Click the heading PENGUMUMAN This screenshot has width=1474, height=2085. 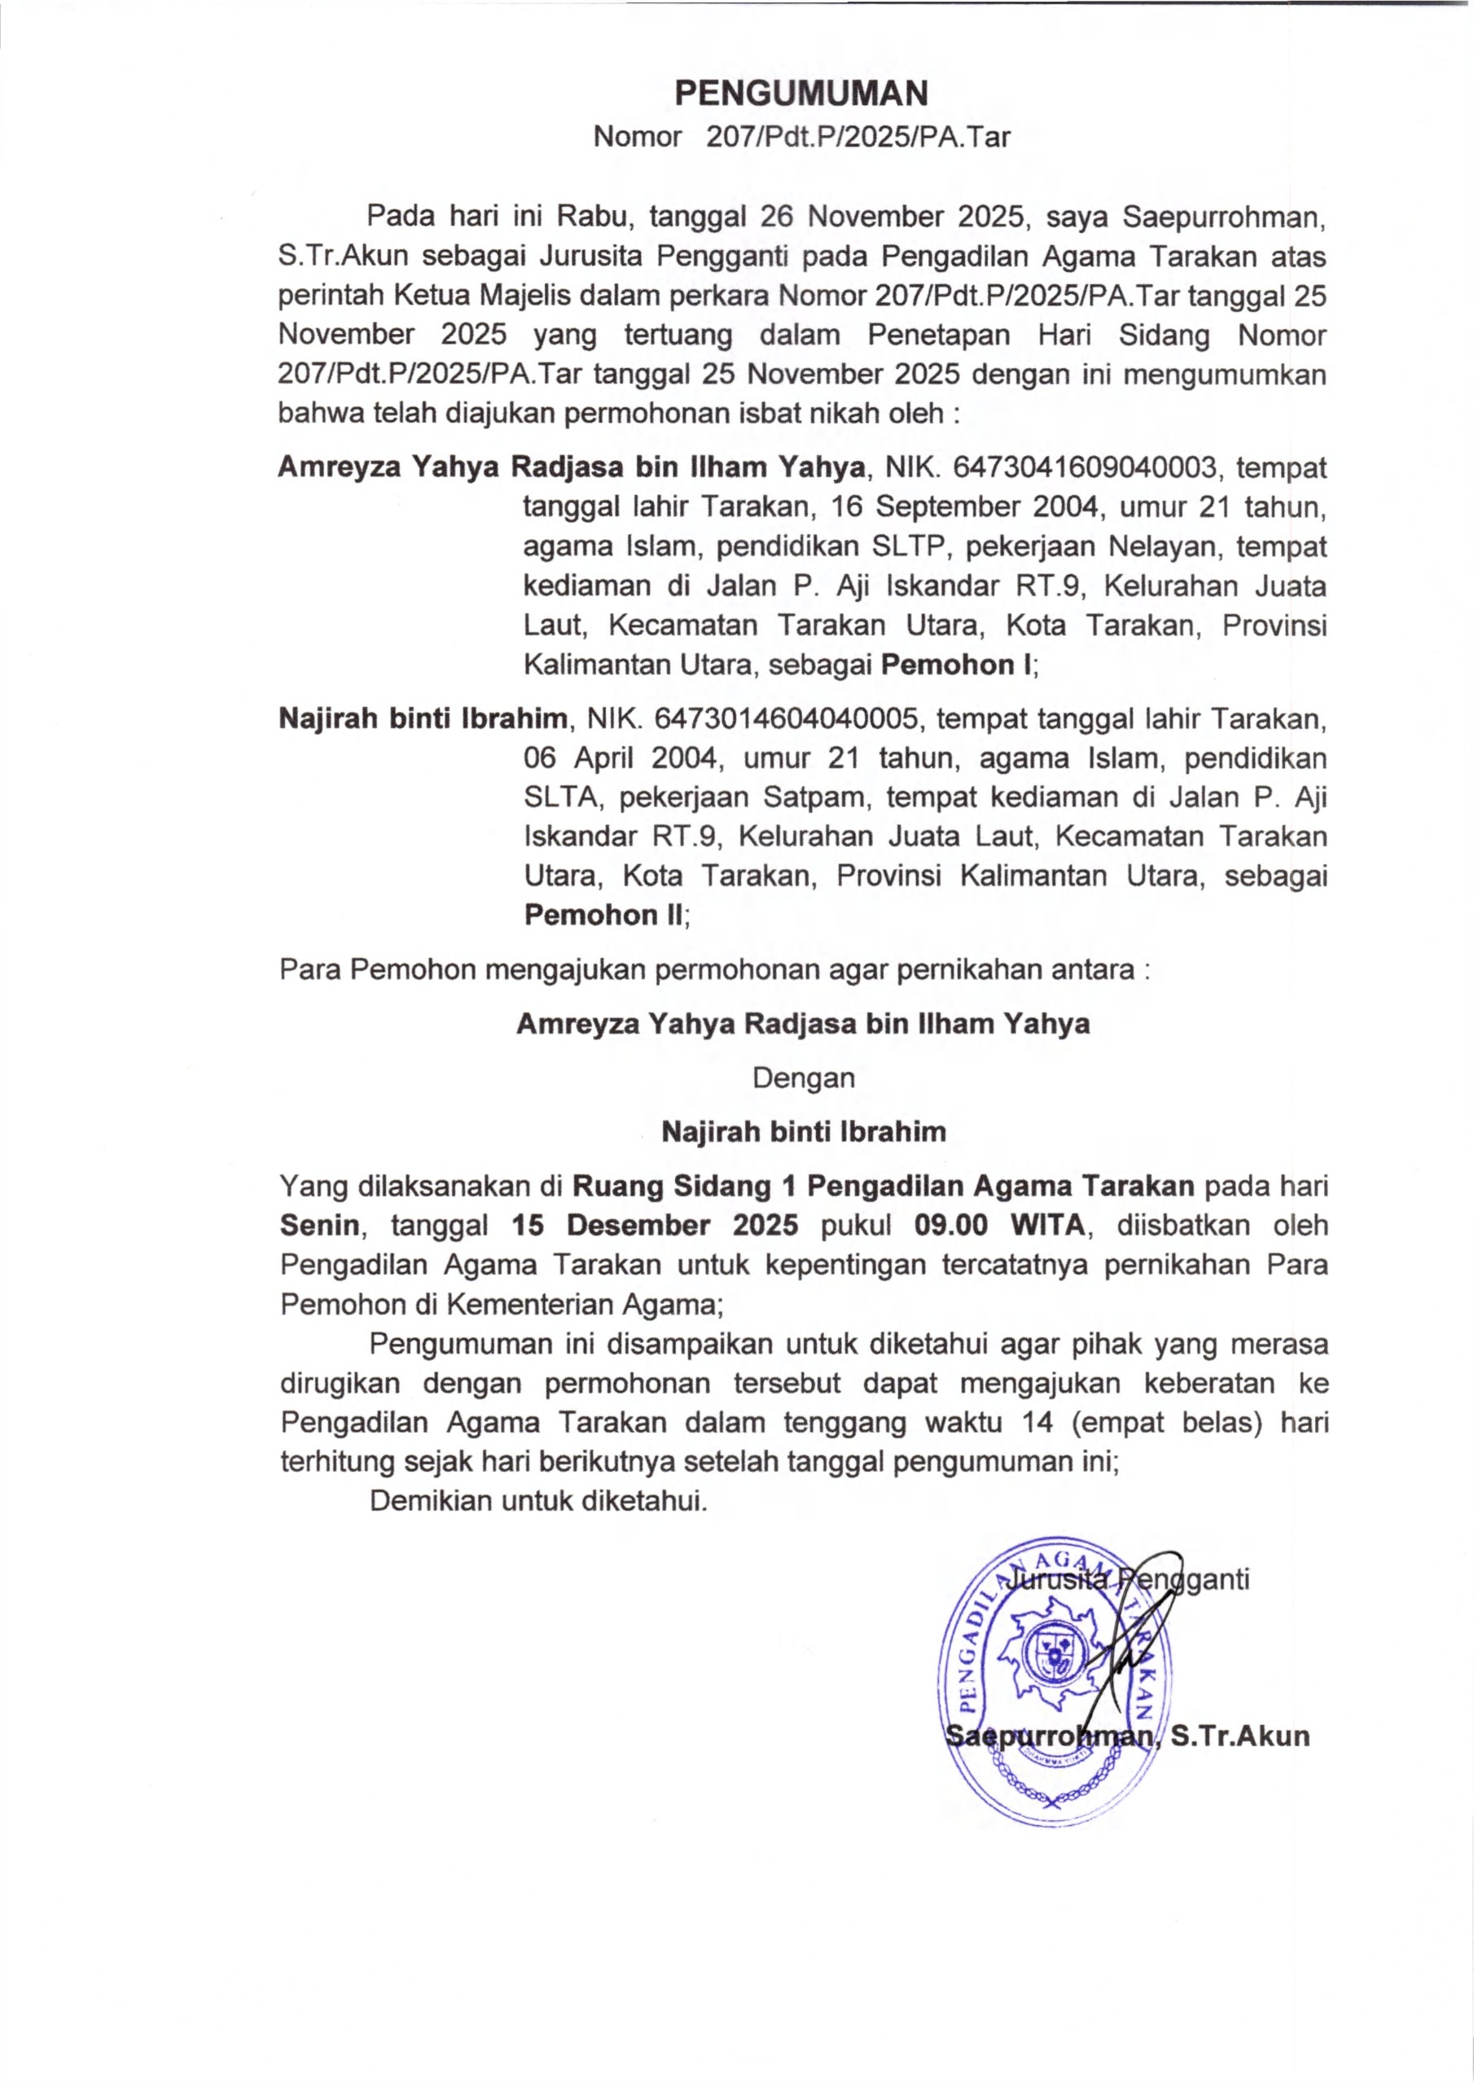coord(801,94)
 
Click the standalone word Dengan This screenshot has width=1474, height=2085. coord(804,1078)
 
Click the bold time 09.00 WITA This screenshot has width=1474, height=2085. coord(1000,1226)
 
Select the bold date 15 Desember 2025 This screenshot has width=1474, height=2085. coord(655,1226)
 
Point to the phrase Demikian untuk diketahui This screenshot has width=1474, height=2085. coord(538,1500)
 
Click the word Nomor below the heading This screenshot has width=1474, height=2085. coord(638,137)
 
